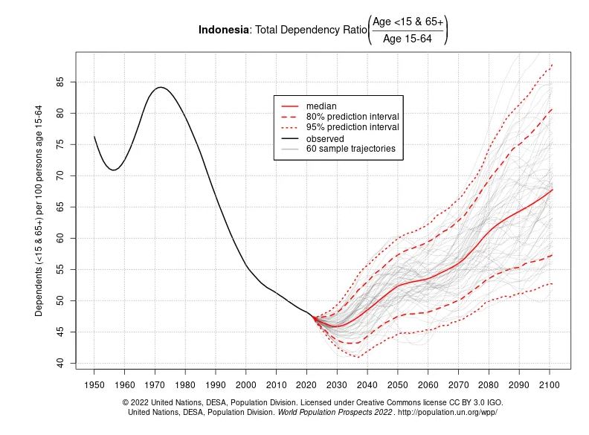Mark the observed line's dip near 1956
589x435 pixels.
(113, 170)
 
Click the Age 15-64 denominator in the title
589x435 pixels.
(408, 39)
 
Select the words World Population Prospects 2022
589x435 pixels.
(335, 412)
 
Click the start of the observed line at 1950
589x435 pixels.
(94, 136)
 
